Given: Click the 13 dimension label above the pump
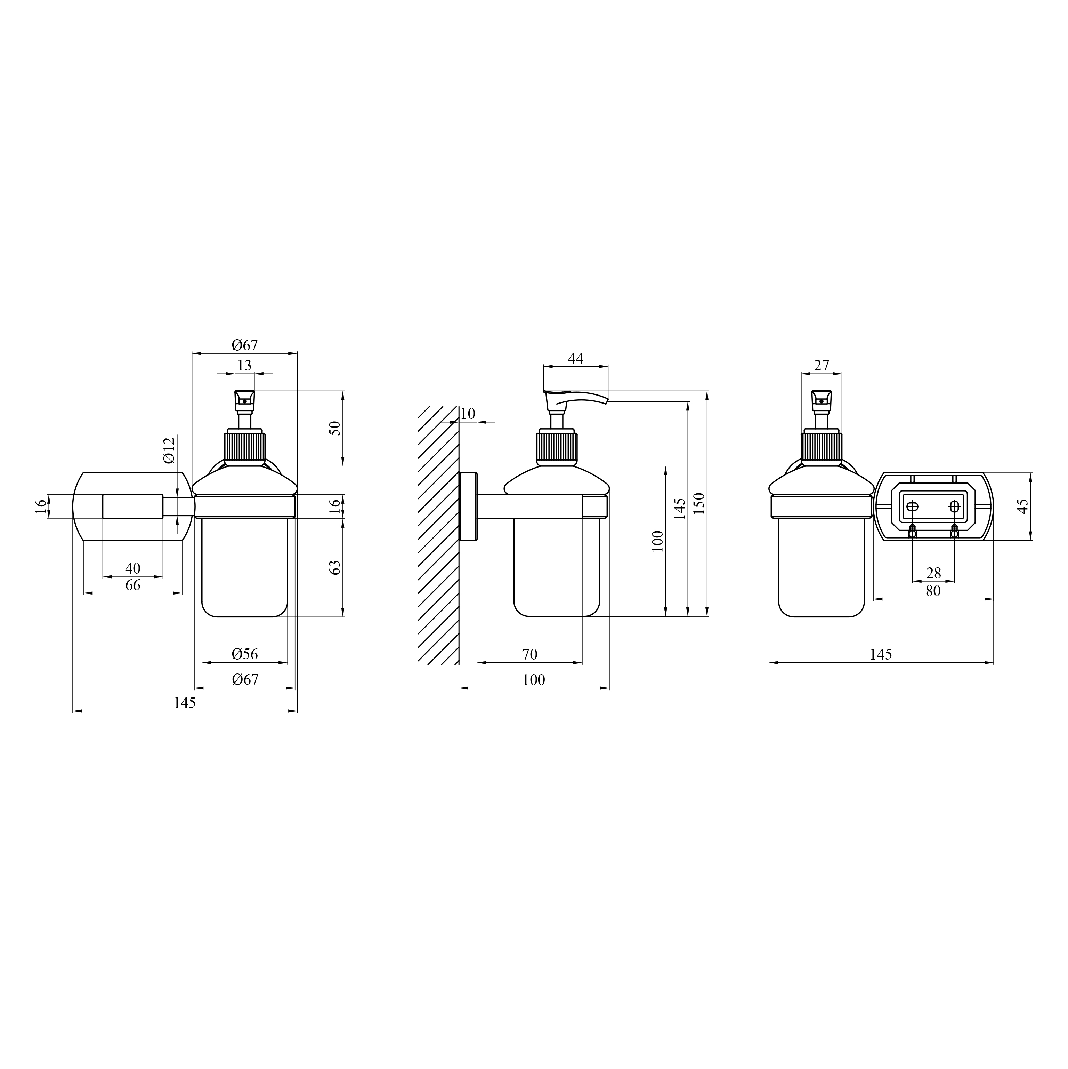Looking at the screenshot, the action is coord(244,365).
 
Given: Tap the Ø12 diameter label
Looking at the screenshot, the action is coord(169,450).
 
